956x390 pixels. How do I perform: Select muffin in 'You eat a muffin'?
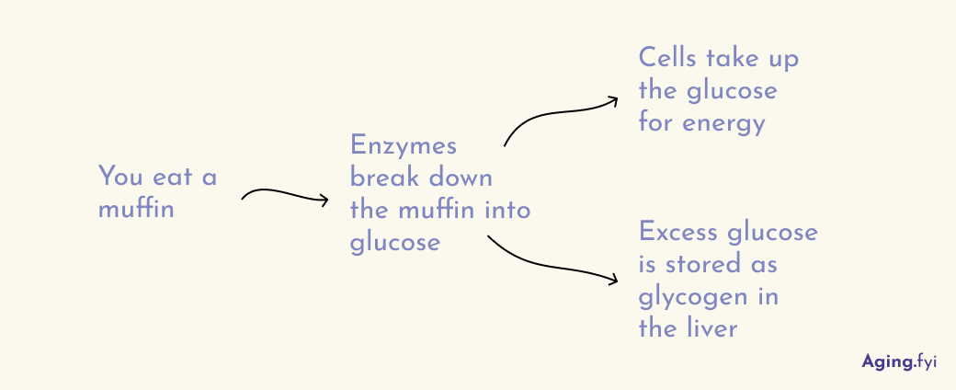[x=136, y=209]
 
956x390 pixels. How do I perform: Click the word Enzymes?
[x=404, y=147]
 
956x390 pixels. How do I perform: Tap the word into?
[x=508, y=210]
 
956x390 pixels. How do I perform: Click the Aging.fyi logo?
[x=898, y=361]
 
